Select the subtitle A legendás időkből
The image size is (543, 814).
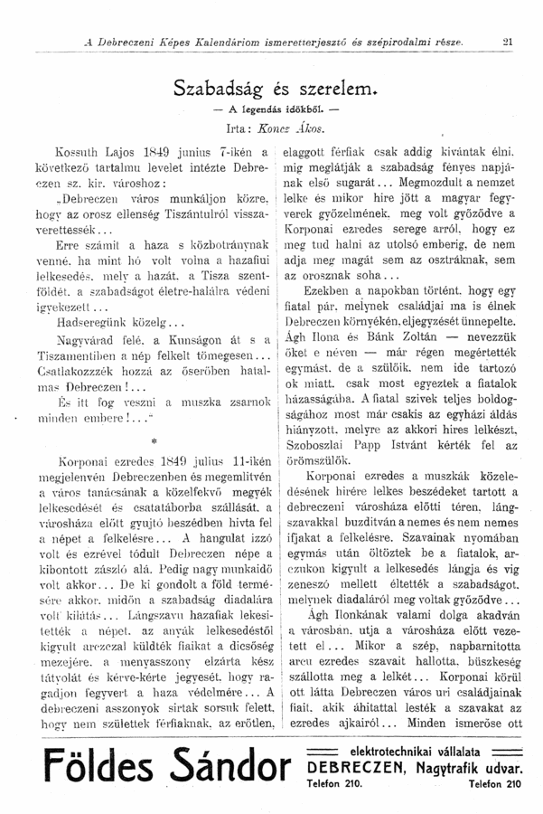pos(274,109)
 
